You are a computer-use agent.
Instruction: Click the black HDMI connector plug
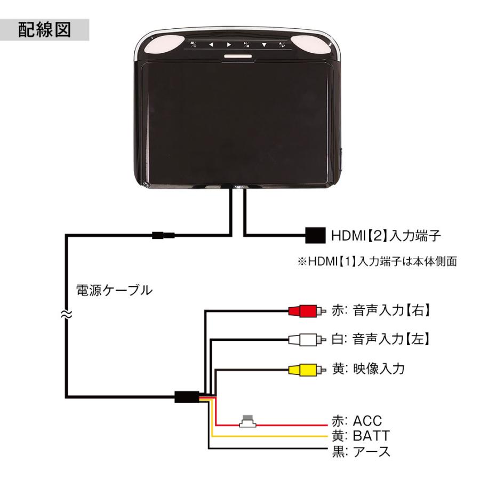point(315,234)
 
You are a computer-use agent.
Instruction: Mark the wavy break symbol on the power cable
point(67,315)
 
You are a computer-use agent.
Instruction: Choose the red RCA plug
point(302,310)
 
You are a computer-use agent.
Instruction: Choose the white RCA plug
point(302,339)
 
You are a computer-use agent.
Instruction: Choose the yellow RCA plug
point(302,369)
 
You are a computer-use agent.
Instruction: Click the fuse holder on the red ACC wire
point(247,422)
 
